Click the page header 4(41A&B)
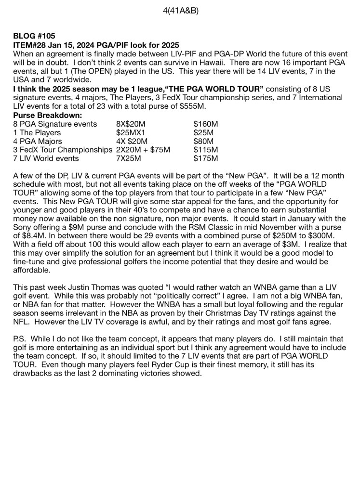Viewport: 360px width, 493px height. tap(181, 10)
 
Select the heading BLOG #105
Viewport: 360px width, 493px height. tap(34, 36)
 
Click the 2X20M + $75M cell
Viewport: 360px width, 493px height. tap(143, 150)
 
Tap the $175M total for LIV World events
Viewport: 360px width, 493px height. tap(205, 158)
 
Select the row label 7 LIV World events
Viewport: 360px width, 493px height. tap(46, 158)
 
